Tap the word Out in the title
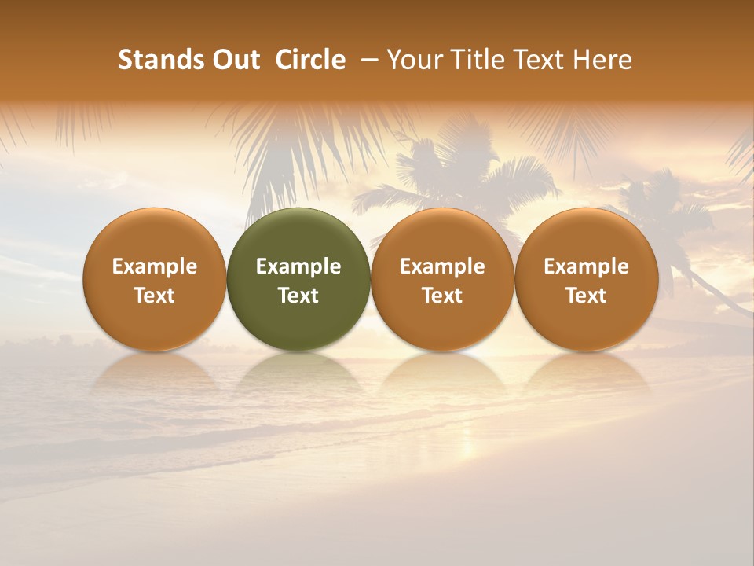click(x=234, y=60)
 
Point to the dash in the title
click(x=372, y=60)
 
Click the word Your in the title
click(x=415, y=60)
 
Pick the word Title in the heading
click(x=476, y=60)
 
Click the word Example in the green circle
click(x=298, y=266)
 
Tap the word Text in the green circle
click(x=298, y=296)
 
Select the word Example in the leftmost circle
click(x=155, y=266)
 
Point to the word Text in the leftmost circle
click(x=155, y=296)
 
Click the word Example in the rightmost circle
click(x=587, y=266)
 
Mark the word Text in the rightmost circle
click(x=587, y=296)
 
